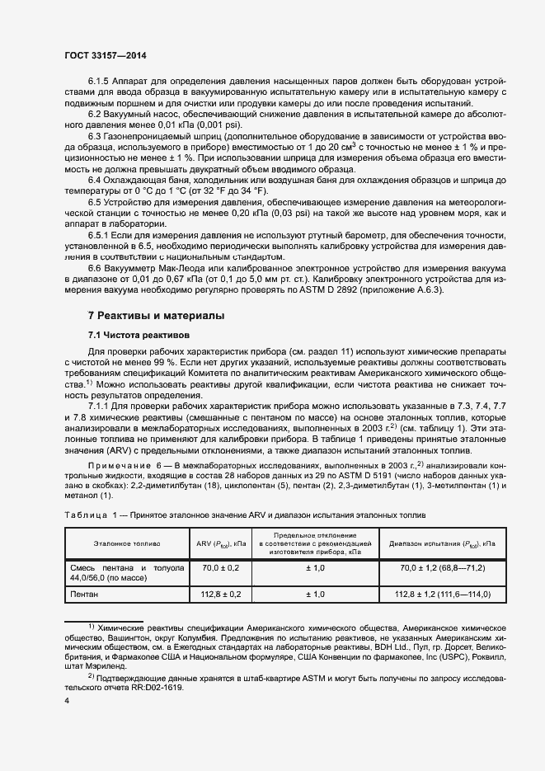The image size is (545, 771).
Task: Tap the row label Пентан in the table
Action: click(x=87, y=595)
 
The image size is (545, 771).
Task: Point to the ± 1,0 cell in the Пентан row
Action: click(x=315, y=595)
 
